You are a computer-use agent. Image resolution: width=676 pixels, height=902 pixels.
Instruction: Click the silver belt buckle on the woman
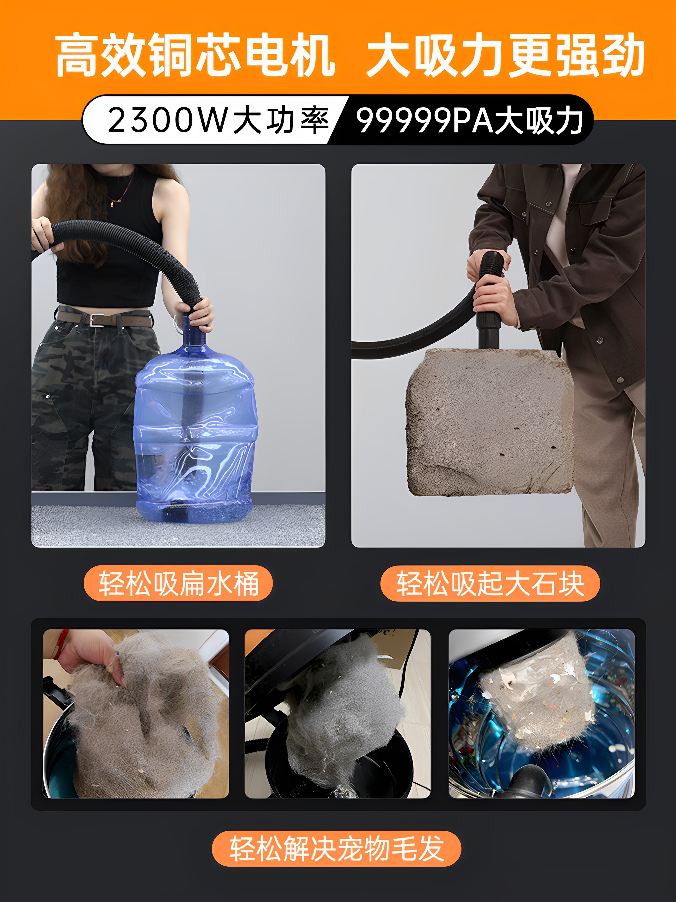(96, 320)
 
